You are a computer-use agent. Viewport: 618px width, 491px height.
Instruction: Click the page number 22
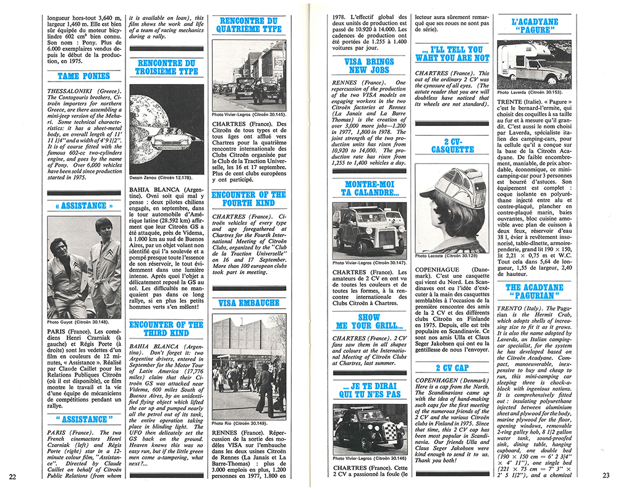pyautogui.click(x=13, y=476)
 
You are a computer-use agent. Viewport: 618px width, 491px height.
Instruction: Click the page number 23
pyautogui.click(x=605, y=476)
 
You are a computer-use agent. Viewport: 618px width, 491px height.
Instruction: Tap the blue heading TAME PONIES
pyautogui.click(x=83, y=77)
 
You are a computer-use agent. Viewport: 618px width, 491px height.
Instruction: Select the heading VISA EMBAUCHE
pyautogui.click(x=248, y=303)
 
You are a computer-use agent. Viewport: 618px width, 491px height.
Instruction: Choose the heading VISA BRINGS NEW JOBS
pyautogui.click(x=370, y=66)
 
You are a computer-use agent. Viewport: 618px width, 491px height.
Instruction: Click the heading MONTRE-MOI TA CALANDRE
pyautogui.click(x=370, y=188)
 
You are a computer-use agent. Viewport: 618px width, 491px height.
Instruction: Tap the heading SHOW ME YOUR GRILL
pyautogui.click(x=370, y=322)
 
